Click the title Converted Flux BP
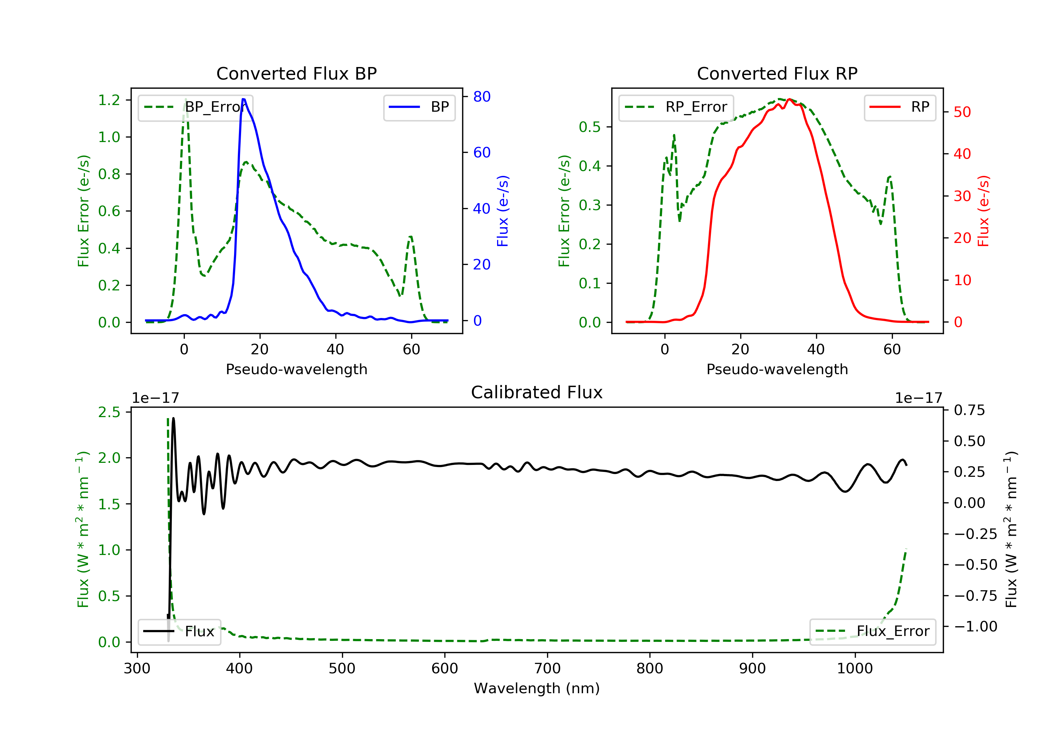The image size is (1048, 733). pos(296,73)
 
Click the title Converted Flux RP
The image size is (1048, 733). pos(777,73)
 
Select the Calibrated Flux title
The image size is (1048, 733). pos(537,392)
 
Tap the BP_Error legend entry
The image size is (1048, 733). pos(195,107)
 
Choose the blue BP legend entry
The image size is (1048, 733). pos(419,107)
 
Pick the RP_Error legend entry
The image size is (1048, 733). pos(676,107)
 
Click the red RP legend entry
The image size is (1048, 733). pos(900,107)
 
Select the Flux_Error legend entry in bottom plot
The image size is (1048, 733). pos(872,631)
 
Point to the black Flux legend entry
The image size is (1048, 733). pos(179,631)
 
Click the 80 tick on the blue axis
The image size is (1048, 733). pos(481,96)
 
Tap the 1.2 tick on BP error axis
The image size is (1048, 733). pos(109,100)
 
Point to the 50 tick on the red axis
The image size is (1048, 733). pos(962,112)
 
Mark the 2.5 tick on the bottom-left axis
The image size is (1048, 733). pos(109,412)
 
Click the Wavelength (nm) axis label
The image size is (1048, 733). pos(537,688)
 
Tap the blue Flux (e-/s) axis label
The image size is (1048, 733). pos(503,211)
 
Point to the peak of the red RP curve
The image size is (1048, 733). pos(789,99)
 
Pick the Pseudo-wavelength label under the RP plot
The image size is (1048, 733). pos(777,369)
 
